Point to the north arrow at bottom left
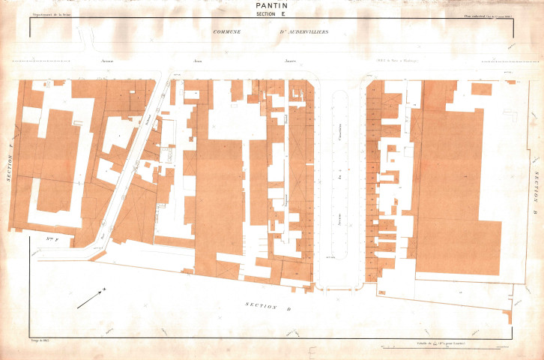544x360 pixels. point(91,296)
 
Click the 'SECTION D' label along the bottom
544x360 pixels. point(268,305)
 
